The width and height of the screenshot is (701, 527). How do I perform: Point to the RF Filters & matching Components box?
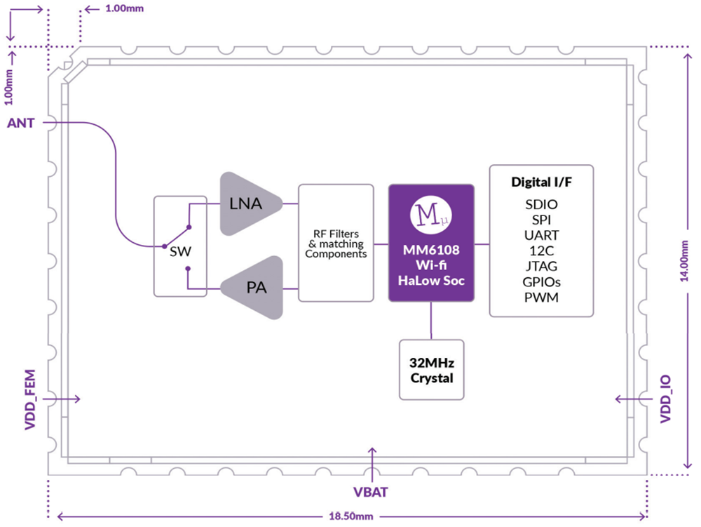pos(336,243)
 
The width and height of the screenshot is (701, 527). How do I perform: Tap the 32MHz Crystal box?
pos(431,370)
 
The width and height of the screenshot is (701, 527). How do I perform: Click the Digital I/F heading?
pos(541,183)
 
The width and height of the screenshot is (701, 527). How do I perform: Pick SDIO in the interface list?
pos(541,204)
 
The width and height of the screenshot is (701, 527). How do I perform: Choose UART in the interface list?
pos(541,235)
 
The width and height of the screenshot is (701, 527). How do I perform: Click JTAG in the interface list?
pos(541,267)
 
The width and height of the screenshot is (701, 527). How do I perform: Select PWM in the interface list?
pos(541,298)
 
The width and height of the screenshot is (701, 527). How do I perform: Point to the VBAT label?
pos(372,492)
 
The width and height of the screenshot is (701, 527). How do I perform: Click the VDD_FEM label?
pos(30,398)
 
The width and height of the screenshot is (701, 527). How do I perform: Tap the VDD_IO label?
pos(666,399)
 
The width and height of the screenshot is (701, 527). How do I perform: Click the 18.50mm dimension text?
pos(350,516)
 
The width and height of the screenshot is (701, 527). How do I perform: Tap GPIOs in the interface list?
pos(541,282)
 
